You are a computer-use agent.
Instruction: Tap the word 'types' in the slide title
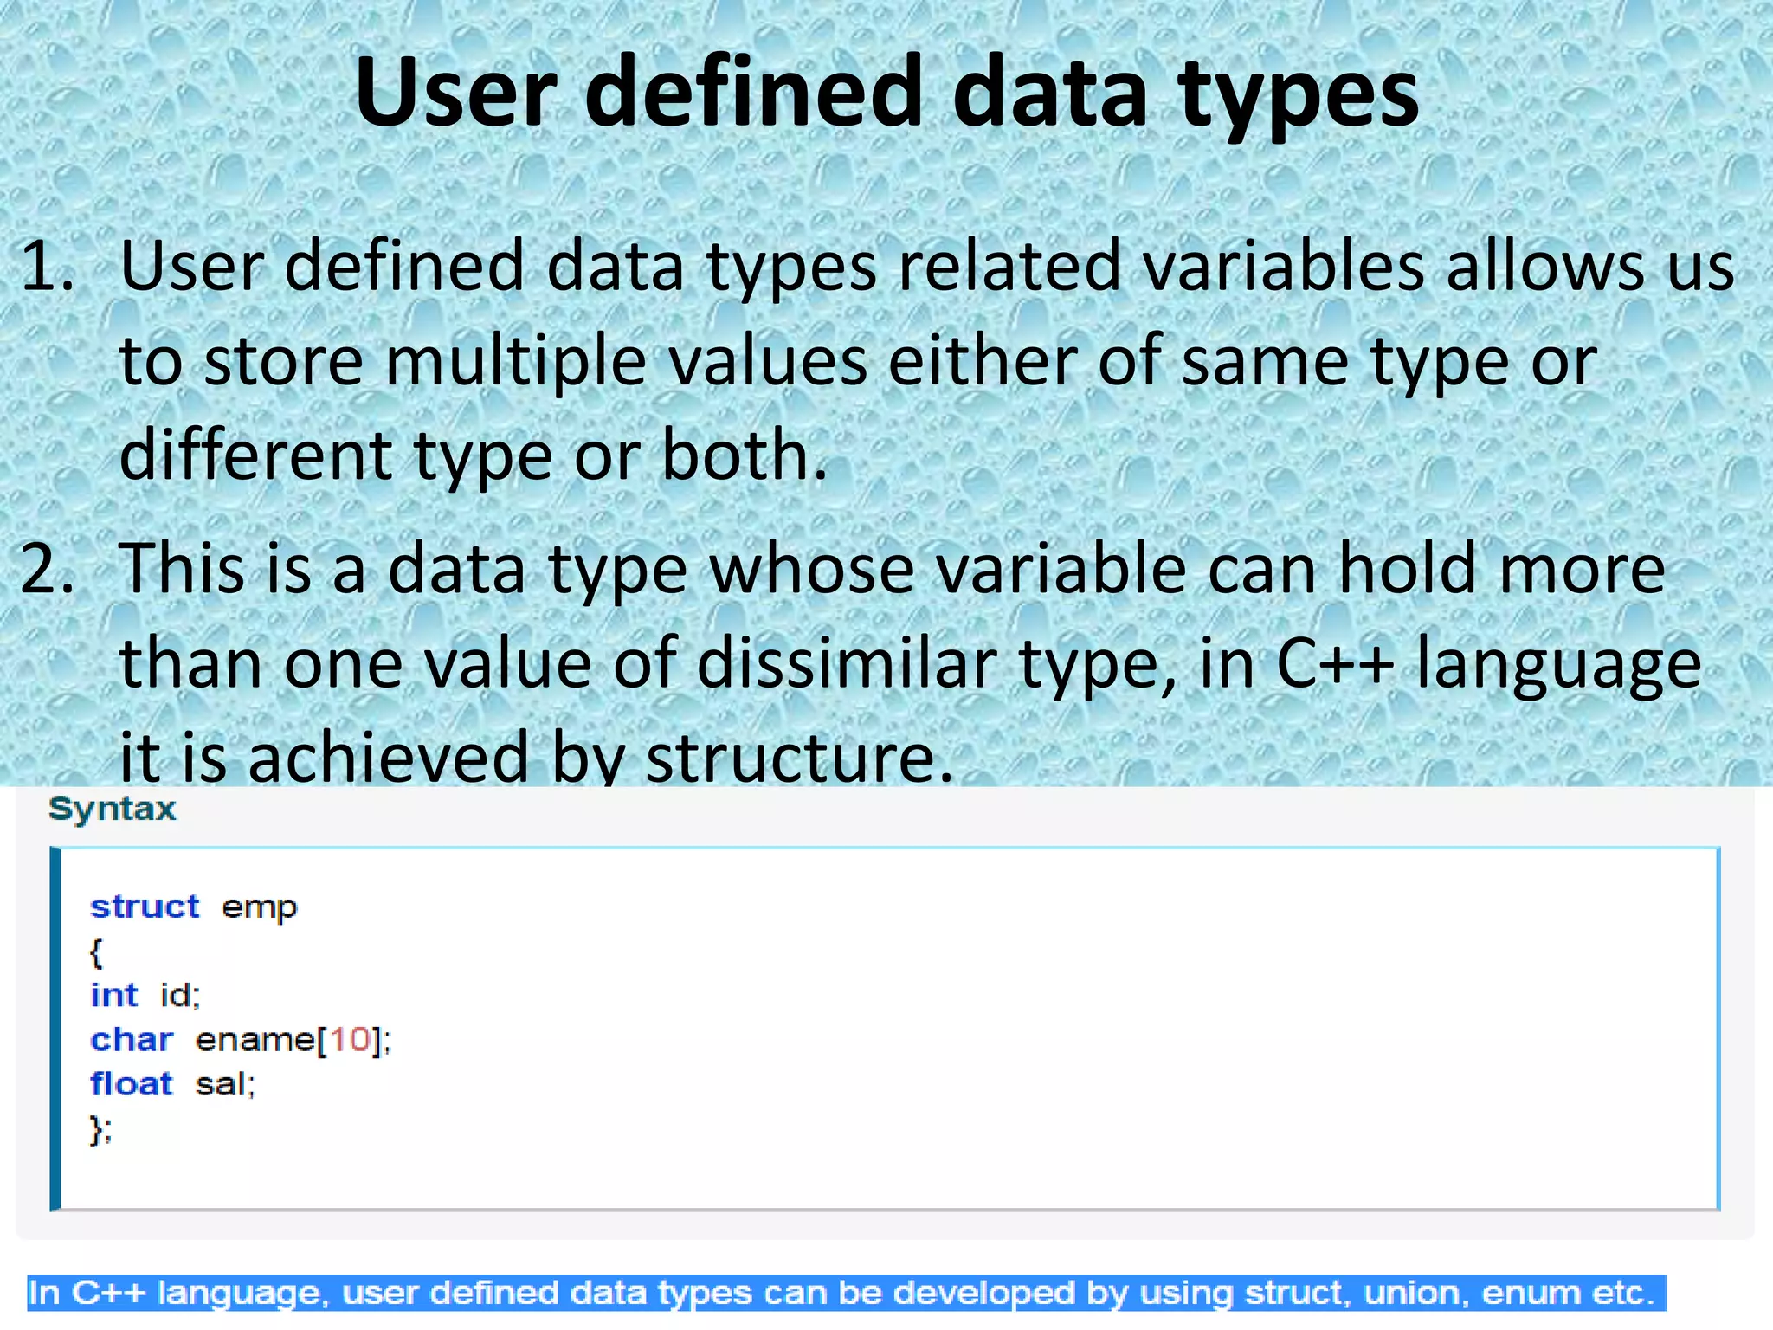[x=1298, y=95]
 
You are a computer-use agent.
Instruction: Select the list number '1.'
[x=48, y=265]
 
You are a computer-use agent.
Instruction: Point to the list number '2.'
[x=48, y=568]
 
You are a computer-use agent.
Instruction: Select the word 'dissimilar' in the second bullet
[x=847, y=663]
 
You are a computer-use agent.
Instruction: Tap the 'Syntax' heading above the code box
[x=113, y=809]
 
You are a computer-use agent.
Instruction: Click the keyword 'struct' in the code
[x=145, y=907]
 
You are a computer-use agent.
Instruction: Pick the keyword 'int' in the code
[x=113, y=995]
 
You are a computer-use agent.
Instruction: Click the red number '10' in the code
[x=350, y=1039]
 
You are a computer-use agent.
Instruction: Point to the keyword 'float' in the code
[x=132, y=1084]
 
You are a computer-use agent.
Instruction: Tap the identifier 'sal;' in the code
[x=225, y=1084]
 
